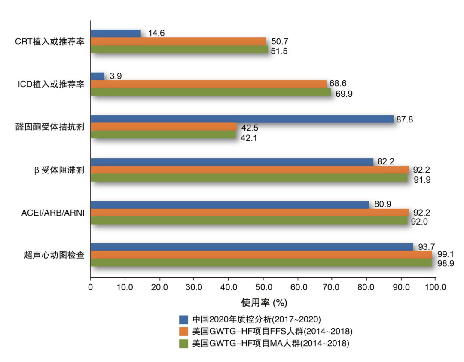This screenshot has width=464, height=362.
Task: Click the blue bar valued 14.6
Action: pos(116,33)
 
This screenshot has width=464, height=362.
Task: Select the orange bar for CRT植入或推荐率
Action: pos(178,41)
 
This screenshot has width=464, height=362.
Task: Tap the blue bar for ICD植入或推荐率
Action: pos(97,76)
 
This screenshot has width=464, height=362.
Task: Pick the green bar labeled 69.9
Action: pos(211,91)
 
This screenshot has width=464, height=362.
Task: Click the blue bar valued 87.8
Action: pos(242,119)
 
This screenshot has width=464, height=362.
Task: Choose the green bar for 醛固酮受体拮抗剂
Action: pos(163,134)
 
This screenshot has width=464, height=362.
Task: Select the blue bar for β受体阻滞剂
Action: pos(232,162)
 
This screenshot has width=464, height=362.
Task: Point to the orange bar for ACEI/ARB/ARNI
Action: pos(249,212)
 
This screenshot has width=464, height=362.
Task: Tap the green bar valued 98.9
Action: pos(261,262)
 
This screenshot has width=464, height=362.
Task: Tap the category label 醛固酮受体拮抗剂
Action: pos(53,127)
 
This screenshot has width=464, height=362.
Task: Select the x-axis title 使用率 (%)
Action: pos(263,302)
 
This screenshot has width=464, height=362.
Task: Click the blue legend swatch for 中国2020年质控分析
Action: pos(183,319)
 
